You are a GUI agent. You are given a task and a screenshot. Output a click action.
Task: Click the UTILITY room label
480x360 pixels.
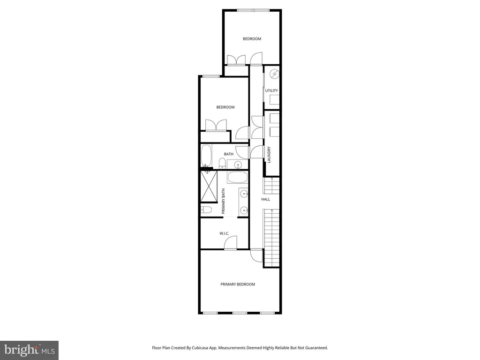click(x=271, y=90)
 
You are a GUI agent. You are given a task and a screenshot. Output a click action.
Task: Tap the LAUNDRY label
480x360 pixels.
click(x=270, y=155)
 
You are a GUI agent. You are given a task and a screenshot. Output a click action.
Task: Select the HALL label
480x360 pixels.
click(x=266, y=199)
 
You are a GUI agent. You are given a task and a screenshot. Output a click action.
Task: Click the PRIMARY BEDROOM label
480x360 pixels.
click(x=238, y=284)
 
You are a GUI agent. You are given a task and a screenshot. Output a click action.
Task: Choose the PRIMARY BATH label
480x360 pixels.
click(x=224, y=201)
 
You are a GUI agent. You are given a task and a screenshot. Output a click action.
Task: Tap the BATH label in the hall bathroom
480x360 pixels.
click(x=228, y=154)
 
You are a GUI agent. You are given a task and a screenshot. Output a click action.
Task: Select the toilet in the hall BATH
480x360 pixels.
click(x=222, y=164)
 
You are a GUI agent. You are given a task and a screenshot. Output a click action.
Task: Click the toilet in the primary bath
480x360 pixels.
click(x=207, y=210)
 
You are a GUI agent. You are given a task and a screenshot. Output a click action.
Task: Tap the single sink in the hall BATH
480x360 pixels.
click(x=238, y=165)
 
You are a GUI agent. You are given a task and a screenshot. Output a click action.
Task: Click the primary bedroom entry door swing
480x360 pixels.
click(x=256, y=255)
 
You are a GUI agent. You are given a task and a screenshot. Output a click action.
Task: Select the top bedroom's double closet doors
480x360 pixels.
click(x=236, y=60)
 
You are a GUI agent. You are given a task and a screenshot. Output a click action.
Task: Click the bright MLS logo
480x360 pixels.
click(x=29, y=350)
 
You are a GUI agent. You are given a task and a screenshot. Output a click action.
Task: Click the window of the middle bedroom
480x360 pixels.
click(x=211, y=76)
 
